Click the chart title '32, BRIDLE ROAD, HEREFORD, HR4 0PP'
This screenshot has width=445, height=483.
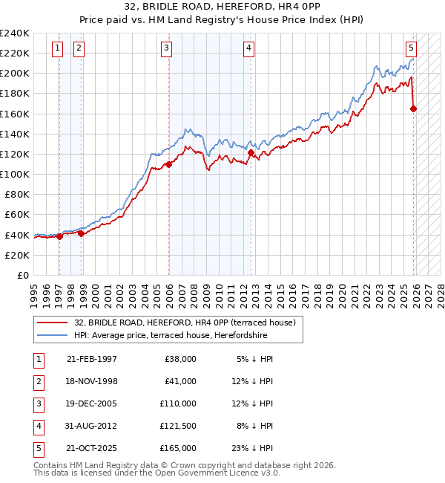tap(222, 6)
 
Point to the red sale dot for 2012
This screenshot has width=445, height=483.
tap(251, 153)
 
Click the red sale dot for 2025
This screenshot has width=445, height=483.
tap(413, 109)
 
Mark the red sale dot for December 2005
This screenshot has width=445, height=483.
tap(169, 164)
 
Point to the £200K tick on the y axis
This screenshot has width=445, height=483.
tap(15, 74)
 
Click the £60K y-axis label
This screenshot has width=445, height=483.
tap(17, 215)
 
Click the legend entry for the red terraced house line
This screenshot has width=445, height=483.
tap(185, 322)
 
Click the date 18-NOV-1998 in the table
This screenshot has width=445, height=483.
tap(92, 381)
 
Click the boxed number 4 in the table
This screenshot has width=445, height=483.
tap(36, 426)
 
